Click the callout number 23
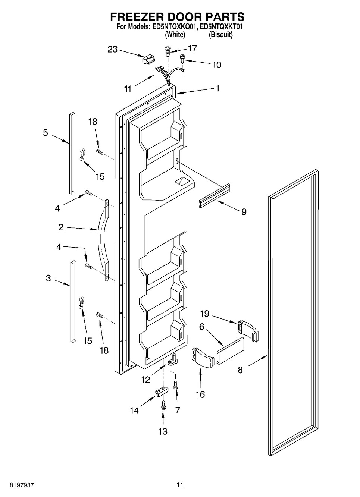(112, 49)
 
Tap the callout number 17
(192, 48)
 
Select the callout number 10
(216, 65)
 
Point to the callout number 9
(244, 212)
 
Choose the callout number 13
(163, 431)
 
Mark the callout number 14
(134, 411)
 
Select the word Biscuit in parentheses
(220, 35)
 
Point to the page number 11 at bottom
(180, 485)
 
